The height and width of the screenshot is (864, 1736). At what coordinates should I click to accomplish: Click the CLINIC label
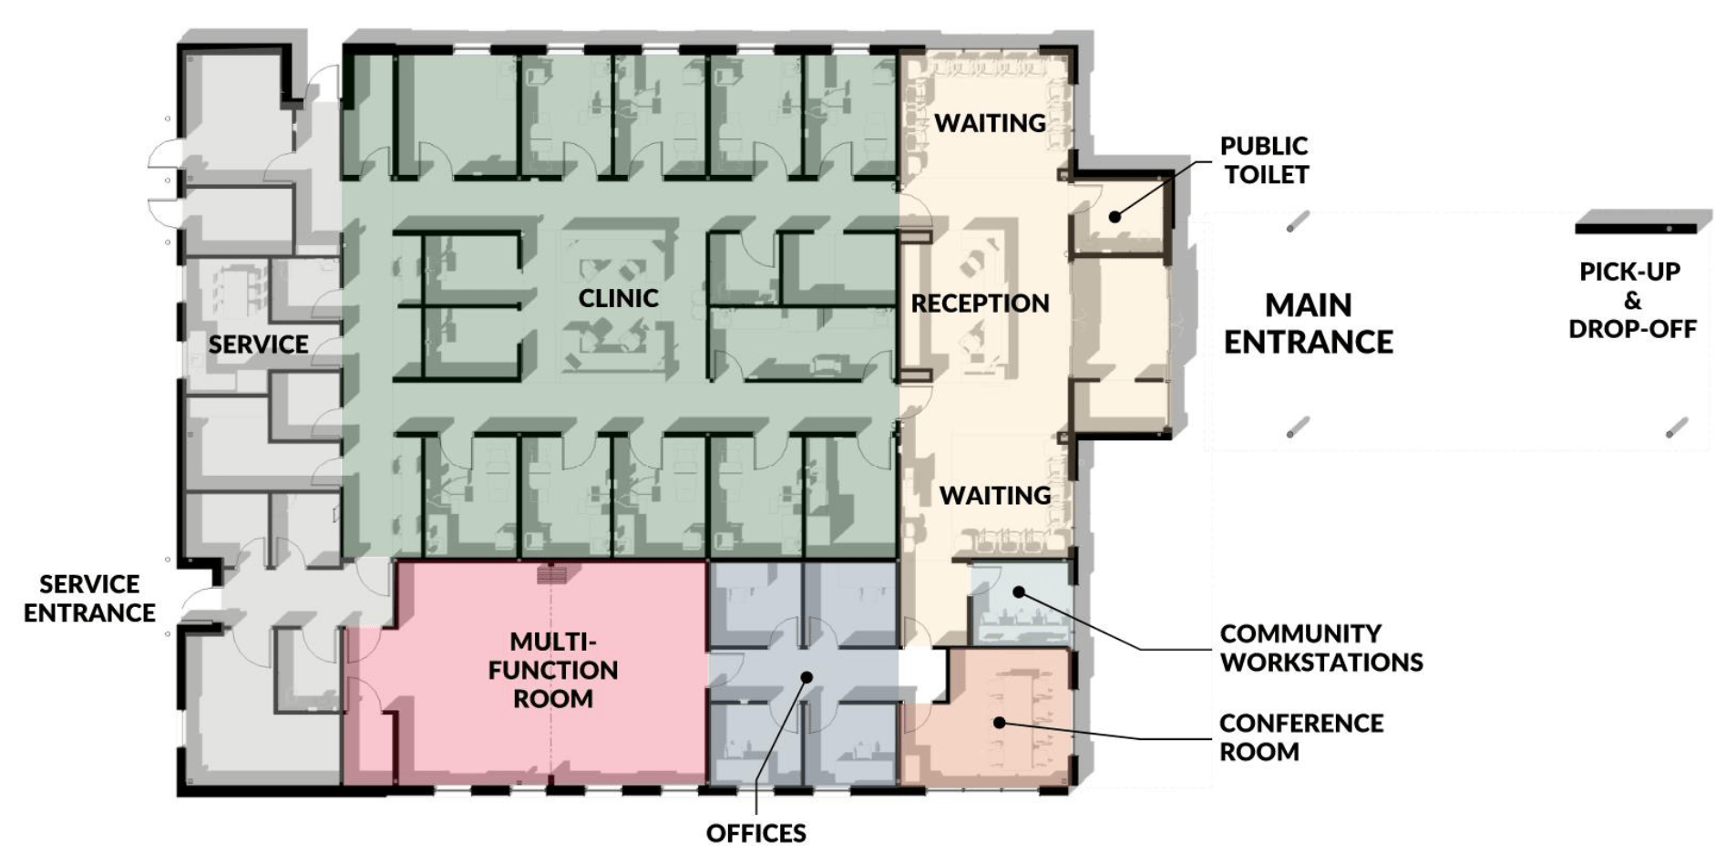click(618, 298)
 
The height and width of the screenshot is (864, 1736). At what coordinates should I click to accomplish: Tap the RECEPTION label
click(981, 303)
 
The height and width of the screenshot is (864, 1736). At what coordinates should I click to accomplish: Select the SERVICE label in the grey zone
click(258, 345)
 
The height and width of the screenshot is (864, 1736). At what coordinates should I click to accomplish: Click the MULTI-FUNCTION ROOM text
click(553, 670)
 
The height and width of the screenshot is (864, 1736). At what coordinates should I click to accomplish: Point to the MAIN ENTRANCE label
click(1309, 323)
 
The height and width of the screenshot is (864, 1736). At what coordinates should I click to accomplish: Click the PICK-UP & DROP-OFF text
click(1632, 300)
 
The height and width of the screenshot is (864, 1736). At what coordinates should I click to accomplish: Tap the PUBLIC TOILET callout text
click(1265, 159)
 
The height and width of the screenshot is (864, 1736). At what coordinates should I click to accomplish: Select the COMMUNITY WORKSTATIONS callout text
click(1321, 647)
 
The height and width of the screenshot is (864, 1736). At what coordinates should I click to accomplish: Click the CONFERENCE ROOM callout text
click(1301, 737)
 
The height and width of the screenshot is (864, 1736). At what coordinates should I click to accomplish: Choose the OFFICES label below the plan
click(756, 833)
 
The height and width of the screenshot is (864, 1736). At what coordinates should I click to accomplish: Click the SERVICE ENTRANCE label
click(89, 598)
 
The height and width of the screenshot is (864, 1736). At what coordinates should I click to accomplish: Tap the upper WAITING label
click(991, 123)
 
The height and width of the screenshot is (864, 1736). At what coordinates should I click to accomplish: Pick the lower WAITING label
click(995, 496)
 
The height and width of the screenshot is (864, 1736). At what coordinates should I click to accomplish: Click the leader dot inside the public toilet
click(1115, 216)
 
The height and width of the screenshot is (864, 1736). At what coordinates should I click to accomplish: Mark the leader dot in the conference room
click(999, 723)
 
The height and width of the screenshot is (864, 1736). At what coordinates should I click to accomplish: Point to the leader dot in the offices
click(806, 676)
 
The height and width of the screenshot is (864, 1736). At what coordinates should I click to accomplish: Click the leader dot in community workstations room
click(1019, 592)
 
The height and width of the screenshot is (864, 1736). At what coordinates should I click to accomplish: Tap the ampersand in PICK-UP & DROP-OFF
click(1632, 300)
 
